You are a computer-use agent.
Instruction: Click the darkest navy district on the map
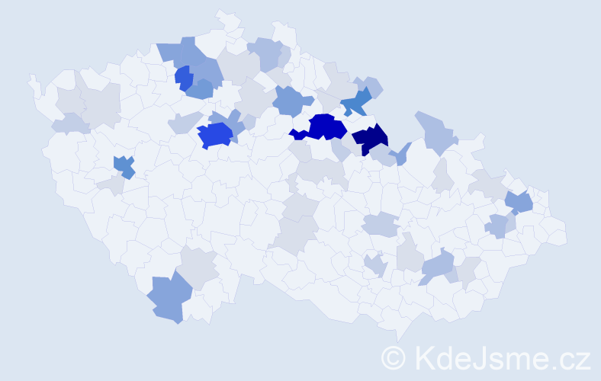tap(371, 139)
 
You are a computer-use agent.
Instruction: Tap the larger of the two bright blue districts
tap(214, 136)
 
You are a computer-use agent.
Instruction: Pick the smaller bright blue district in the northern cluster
tap(183, 78)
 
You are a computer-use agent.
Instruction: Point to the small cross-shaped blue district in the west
tap(123, 166)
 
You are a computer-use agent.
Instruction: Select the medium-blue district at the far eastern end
tap(519, 203)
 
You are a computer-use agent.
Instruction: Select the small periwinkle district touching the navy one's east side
tap(400, 154)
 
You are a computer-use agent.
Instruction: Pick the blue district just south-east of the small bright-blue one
tap(200, 90)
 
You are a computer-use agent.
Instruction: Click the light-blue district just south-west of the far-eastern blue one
tap(497, 226)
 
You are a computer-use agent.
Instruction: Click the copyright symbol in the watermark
tap(394, 358)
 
